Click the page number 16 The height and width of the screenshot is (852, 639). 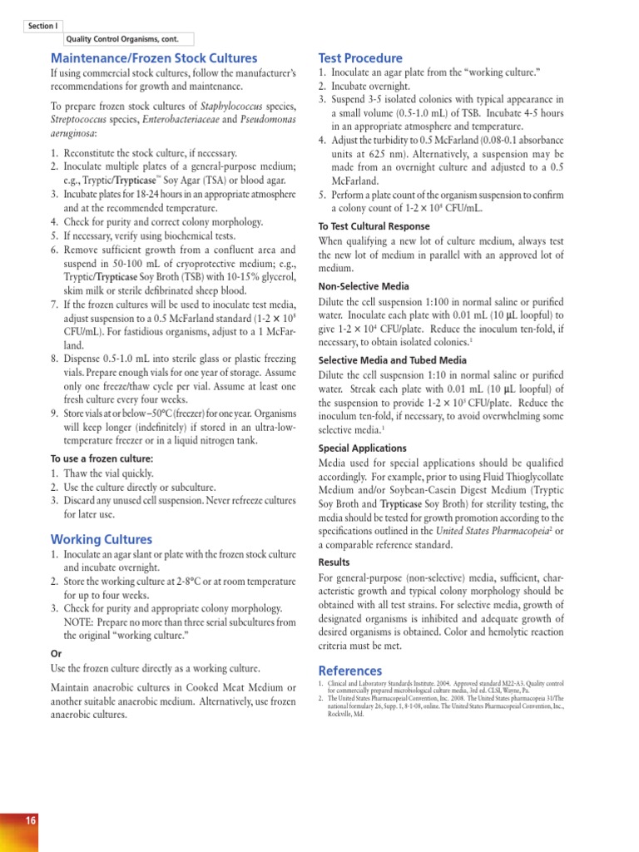point(30,820)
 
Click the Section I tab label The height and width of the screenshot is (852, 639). point(41,27)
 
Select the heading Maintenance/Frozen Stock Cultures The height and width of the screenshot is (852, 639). point(154,58)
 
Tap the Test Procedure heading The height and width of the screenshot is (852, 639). point(360,58)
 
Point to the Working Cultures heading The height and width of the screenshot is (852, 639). point(102,538)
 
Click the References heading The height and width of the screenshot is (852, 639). point(350,671)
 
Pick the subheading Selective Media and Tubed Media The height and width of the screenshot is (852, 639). point(393,360)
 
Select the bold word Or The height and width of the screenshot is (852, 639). point(57,653)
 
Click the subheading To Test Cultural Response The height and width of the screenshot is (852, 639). point(374,226)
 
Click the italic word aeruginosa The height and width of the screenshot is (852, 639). point(73,133)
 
